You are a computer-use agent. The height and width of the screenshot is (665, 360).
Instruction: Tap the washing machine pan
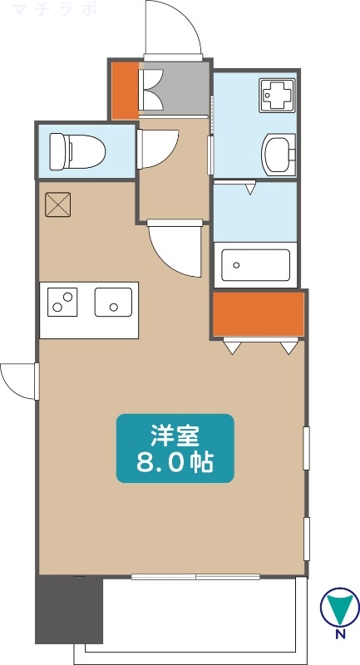click(x=274, y=95)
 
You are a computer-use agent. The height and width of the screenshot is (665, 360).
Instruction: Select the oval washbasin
click(x=277, y=153)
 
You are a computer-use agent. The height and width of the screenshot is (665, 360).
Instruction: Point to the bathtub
click(x=255, y=266)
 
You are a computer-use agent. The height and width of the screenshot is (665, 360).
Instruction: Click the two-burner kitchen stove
click(x=62, y=301)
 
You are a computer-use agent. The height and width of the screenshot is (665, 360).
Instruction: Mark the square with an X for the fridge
click(x=58, y=204)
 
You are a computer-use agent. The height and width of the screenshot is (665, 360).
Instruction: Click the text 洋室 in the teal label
click(x=175, y=435)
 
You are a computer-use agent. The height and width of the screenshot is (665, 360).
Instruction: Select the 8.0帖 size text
click(x=175, y=461)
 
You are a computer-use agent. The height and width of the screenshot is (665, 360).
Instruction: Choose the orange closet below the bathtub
click(x=258, y=312)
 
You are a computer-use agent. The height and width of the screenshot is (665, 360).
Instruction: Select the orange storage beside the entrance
click(x=125, y=90)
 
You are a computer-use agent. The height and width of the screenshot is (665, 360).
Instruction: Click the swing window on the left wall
click(x=18, y=379)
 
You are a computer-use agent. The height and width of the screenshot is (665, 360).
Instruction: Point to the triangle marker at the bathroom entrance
click(x=249, y=190)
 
